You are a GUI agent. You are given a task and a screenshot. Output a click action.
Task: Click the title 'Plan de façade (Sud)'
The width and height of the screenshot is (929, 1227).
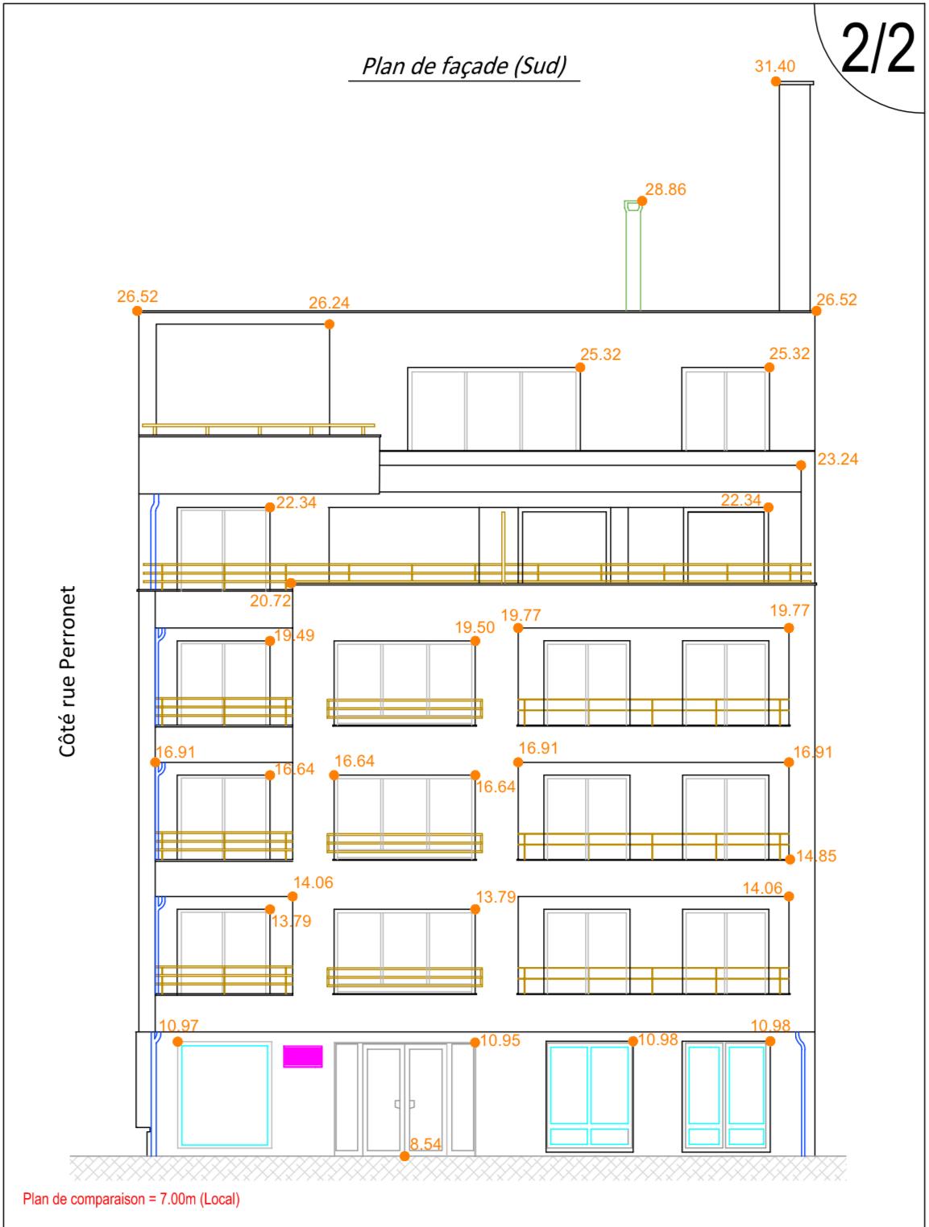tap(464, 66)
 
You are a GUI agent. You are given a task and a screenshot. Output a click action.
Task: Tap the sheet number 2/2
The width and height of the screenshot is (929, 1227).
tap(877, 49)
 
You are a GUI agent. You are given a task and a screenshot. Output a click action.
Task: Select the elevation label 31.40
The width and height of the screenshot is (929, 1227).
tap(774, 66)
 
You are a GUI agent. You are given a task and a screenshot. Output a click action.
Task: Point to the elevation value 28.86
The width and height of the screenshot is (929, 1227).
tap(666, 189)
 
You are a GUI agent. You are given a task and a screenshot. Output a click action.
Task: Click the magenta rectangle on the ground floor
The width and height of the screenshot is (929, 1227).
tap(303, 1056)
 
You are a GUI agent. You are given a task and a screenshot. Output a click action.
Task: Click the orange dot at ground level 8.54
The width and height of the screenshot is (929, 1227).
tap(404, 1156)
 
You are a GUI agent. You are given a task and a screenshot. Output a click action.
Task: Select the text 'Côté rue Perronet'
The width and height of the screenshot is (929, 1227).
tap(67, 671)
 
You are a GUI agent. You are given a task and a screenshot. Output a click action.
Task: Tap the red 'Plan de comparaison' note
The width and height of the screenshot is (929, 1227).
tap(131, 1199)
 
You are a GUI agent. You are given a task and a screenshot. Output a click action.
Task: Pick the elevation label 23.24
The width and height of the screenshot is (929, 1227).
tap(837, 459)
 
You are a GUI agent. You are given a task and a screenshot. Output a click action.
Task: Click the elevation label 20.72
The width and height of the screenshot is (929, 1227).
tap(270, 601)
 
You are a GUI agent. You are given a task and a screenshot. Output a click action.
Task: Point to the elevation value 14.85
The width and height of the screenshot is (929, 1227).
tap(816, 856)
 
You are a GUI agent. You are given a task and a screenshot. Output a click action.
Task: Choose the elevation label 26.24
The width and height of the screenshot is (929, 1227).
tap(329, 303)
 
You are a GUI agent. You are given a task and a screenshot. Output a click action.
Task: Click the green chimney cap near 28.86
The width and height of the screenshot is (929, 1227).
tap(632, 206)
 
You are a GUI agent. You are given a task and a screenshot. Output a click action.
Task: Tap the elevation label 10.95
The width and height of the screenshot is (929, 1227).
tap(500, 1040)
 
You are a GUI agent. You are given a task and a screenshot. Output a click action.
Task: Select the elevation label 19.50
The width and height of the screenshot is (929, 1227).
tap(475, 627)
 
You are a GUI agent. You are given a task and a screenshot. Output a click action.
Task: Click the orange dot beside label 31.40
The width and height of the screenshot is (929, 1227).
tap(776, 81)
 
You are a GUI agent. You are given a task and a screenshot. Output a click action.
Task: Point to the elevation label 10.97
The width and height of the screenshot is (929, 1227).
tap(178, 1025)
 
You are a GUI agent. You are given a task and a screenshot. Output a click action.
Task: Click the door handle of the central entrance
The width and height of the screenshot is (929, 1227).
tap(404, 1104)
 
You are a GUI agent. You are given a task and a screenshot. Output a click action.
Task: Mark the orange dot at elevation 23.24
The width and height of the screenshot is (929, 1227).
tap(801, 465)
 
